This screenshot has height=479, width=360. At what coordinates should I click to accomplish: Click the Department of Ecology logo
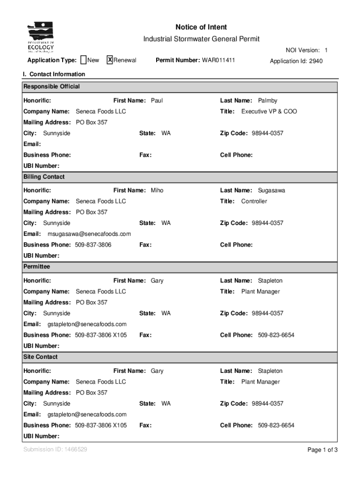[41, 37]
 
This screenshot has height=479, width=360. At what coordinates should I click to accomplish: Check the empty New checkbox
[83, 60]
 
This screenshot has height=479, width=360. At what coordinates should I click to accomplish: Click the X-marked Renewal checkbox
[110, 60]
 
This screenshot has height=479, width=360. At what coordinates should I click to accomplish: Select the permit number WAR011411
[218, 60]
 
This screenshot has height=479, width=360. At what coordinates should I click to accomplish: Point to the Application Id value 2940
[315, 61]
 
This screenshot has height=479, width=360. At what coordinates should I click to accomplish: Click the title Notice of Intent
[201, 27]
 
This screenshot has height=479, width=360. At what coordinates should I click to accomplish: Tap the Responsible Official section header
[52, 87]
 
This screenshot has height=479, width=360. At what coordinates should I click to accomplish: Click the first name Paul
[157, 101]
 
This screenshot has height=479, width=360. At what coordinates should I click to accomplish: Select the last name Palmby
[267, 101]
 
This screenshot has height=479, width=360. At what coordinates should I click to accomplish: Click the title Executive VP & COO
[269, 111]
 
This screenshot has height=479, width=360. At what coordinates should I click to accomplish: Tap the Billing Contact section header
[44, 177]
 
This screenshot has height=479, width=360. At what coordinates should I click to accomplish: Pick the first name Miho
[157, 190]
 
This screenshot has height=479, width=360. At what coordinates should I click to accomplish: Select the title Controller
[254, 201]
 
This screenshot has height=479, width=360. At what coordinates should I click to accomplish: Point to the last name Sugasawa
[271, 190]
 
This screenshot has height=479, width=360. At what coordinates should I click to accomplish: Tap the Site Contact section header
[41, 357]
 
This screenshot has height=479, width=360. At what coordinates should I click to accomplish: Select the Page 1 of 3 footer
[322, 450]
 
